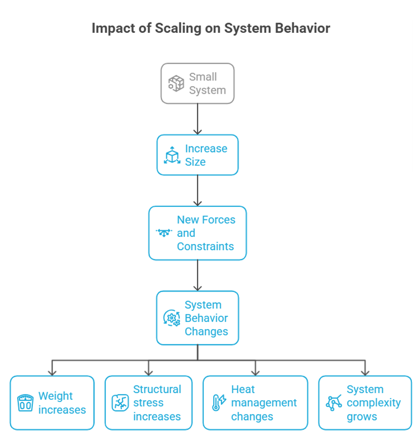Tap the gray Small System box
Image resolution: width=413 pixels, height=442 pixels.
point(197,83)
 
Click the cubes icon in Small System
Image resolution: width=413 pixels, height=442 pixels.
point(176,84)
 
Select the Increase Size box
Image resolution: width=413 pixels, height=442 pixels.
point(197,155)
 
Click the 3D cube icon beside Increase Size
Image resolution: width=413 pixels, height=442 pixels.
point(172,155)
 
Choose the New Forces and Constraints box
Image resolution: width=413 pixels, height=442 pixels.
point(197,233)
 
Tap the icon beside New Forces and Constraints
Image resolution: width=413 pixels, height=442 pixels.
point(164,233)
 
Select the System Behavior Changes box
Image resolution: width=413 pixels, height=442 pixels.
point(197,318)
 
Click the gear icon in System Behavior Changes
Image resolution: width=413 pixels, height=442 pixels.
point(171,318)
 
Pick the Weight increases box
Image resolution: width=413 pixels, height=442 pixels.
point(52,403)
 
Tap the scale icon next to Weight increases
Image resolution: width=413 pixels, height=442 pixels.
point(25,403)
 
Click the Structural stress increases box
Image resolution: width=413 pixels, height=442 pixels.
point(148,403)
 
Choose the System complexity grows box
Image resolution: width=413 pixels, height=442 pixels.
point(365,403)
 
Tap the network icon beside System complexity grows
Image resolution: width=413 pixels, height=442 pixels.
point(334,403)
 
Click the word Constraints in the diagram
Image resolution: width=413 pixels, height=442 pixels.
point(205,247)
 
